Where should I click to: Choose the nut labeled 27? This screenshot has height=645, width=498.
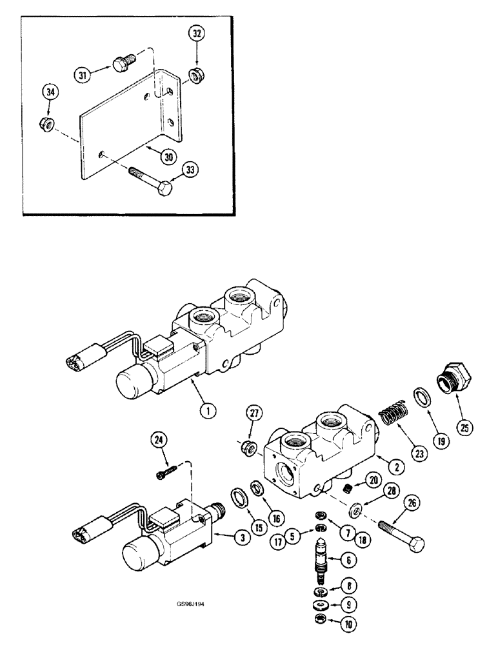point(247,446)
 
